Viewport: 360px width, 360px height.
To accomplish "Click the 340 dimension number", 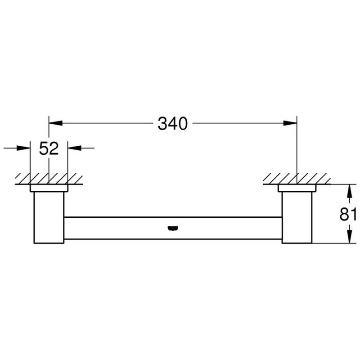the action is (x=173, y=123).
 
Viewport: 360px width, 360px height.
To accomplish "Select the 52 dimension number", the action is (x=49, y=148).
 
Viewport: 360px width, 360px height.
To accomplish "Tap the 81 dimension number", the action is (x=348, y=215).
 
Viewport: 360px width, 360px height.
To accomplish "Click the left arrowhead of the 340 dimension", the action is (x=56, y=123).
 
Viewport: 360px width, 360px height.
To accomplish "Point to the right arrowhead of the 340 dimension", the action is (x=290, y=123).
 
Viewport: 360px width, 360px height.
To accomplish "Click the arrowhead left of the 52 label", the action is (x=23, y=148).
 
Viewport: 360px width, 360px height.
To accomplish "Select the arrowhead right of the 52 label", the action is (x=75, y=148).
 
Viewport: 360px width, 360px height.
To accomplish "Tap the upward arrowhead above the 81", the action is (x=349, y=191).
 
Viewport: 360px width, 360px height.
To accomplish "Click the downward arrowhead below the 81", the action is (x=349, y=237).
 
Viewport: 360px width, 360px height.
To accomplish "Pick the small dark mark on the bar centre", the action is (x=173, y=228).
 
